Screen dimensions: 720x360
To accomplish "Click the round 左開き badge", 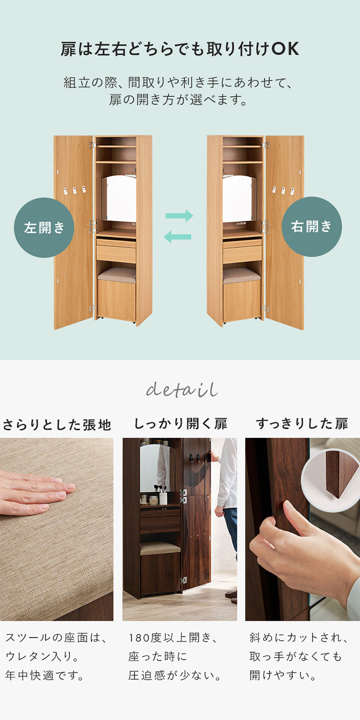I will (44, 228).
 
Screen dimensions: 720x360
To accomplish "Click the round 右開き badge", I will (312, 227).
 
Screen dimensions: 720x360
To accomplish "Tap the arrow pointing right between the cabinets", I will (179, 216).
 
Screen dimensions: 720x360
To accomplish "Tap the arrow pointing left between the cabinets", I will (178, 237).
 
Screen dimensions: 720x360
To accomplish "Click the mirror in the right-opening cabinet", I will (239, 198).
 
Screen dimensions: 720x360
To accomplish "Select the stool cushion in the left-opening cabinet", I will (117, 274).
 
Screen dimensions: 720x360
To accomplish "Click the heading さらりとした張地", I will (57, 424).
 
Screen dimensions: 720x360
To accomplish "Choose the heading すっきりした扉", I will (302, 423).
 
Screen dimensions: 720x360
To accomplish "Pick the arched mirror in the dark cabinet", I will (155, 468).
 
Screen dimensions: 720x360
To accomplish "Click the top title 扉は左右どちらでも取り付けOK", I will (180, 49).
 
